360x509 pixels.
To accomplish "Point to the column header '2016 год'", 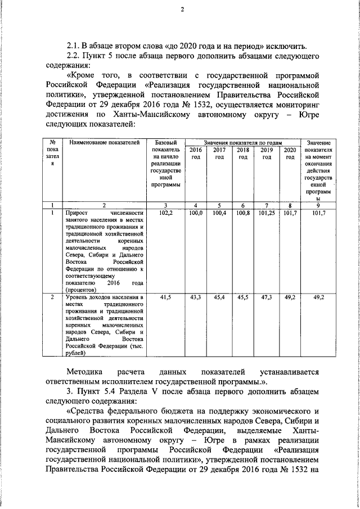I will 195,154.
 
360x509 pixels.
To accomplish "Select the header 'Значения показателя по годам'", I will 242,143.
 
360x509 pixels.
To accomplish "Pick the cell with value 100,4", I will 219,214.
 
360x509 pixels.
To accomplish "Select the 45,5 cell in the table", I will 242,296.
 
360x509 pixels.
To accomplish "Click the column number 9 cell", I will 318,205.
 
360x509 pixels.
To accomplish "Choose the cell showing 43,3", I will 195,296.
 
